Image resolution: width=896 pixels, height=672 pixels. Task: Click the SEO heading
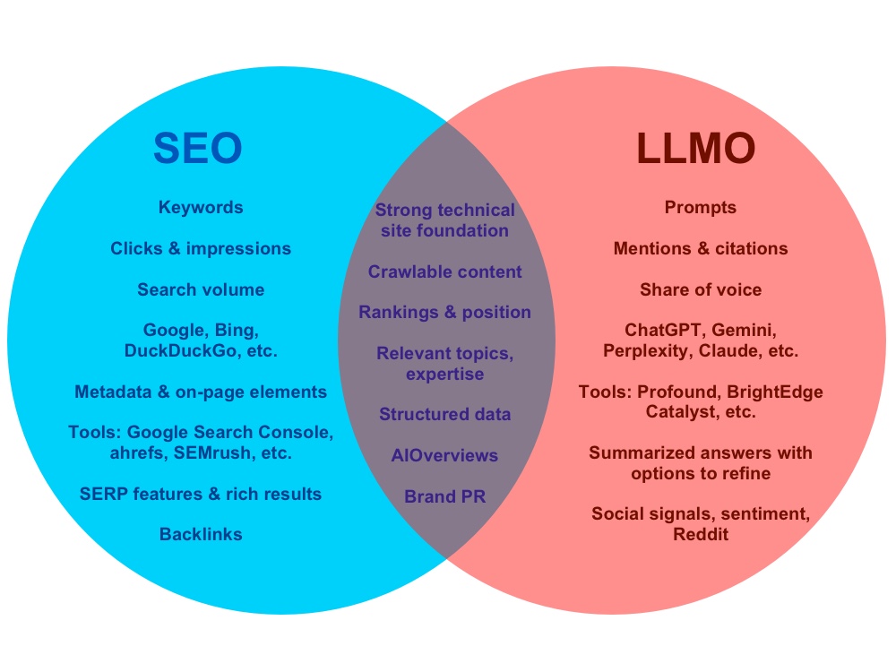tap(197, 148)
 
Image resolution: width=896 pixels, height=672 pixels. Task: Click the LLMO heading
tap(696, 148)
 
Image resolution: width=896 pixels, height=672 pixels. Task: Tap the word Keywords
tap(201, 207)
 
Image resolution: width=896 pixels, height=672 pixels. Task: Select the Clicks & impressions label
tap(201, 248)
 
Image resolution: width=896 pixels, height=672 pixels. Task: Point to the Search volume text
tap(201, 289)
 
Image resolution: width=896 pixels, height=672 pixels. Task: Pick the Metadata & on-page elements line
tap(201, 392)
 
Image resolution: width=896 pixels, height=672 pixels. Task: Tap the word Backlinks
tap(201, 534)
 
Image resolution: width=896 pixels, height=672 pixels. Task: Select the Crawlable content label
tap(445, 271)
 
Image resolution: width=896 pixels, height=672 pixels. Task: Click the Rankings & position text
tap(445, 312)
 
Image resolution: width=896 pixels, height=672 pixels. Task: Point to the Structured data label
tap(445, 414)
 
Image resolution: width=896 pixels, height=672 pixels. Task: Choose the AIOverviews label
tap(445, 455)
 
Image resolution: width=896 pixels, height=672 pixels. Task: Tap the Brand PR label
tap(445, 495)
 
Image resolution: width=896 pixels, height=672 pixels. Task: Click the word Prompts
tap(701, 207)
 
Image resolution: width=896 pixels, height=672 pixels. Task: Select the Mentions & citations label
tap(701, 248)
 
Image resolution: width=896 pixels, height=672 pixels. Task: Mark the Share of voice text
tap(701, 289)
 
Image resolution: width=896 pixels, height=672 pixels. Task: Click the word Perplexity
tap(645, 350)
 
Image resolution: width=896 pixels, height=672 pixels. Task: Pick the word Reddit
tap(701, 534)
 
